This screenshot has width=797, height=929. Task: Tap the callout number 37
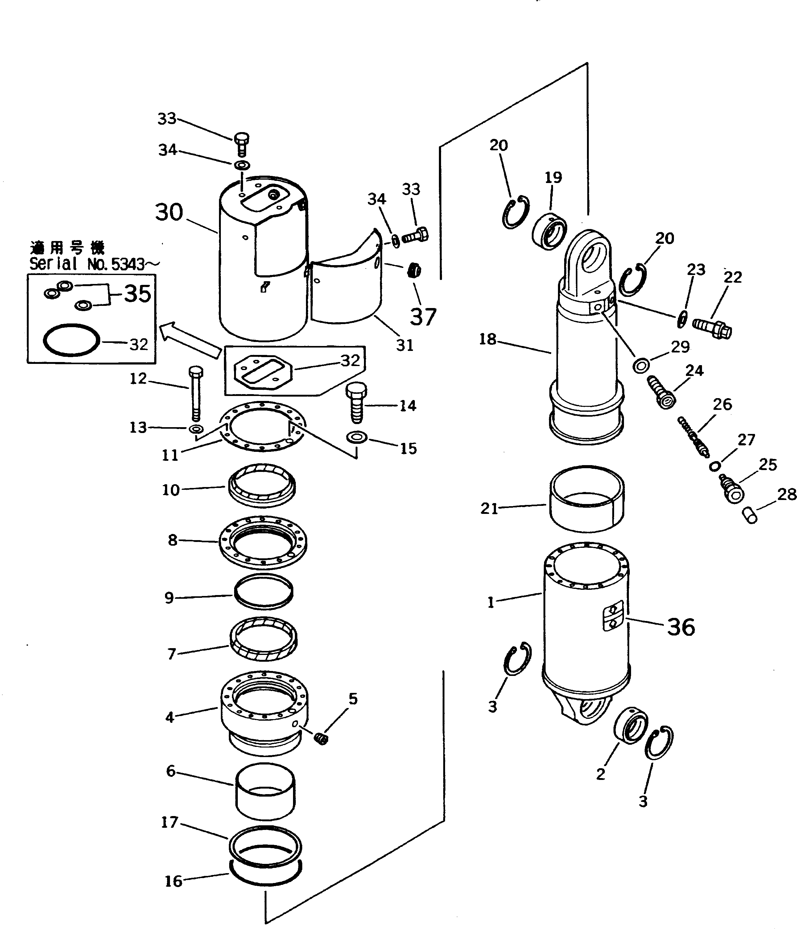[423, 317]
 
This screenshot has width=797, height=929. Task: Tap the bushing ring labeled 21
[586, 498]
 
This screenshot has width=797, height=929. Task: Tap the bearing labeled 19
[550, 232]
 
